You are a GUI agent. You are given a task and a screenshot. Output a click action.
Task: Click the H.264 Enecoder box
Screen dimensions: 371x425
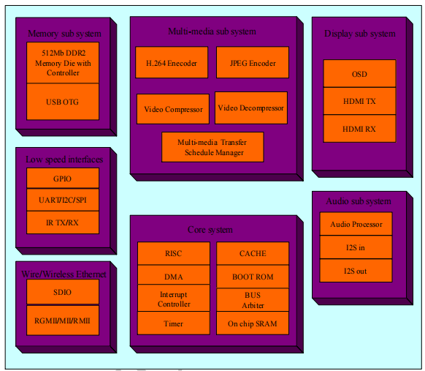coord(171,63)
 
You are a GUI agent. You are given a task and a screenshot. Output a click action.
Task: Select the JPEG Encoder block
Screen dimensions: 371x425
coord(252,63)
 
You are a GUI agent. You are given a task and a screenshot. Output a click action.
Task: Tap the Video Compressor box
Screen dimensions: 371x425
coord(173,109)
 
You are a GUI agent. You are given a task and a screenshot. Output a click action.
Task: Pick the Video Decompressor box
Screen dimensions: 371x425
coord(251,108)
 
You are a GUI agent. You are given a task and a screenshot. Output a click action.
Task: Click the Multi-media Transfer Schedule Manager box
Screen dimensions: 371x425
coord(212,147)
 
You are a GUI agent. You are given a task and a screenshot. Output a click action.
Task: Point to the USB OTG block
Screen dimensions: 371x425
coord(63,101)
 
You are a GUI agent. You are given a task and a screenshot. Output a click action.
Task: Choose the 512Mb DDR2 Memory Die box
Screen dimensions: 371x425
coord(63,63)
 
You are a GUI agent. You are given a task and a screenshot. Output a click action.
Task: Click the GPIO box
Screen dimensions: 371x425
coord(63,179)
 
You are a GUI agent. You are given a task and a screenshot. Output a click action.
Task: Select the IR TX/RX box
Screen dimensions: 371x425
coord(63,222)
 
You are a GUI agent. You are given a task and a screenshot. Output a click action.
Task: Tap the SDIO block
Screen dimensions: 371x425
coord(63,291)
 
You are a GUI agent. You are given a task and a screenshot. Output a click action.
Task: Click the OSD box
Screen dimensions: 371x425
coord(359,74)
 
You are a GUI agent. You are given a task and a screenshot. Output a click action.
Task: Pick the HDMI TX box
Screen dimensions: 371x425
coord(359,101)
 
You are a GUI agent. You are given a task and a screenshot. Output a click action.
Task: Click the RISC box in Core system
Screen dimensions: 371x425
coord(174,253)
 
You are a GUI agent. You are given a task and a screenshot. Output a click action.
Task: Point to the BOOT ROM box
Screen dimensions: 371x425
coord(253,277)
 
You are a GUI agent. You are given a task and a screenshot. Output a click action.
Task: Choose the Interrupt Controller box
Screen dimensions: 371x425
coord(174,299)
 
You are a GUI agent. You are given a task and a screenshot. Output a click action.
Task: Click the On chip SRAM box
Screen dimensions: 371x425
coord(253,323)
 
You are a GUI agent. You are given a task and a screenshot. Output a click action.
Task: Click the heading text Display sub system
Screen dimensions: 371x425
coord(359,34)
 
